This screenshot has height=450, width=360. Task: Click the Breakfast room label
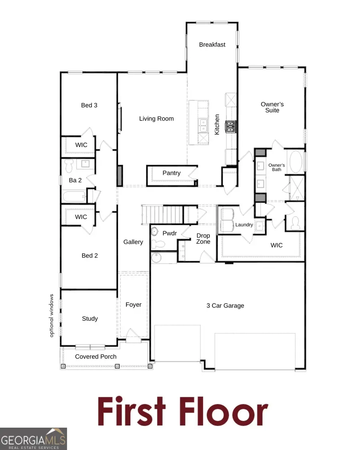(x=212, y=45)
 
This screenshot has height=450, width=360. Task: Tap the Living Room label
(x=156, y=118)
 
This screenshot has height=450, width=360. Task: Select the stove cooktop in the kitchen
(x=230, y=127)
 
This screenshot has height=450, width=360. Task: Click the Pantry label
(x=171, y=173)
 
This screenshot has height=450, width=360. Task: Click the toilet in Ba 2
(x=69, y=164)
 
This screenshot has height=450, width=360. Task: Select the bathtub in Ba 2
(x=74, y=196)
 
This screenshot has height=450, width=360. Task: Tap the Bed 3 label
(x=89, y=105)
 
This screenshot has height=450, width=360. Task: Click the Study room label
(x=90, y=319)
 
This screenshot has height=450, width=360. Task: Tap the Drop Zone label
(x=203, y=239)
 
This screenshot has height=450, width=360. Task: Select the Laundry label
(x=244, y=225)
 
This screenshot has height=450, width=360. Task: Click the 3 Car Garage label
(x=225, y=306)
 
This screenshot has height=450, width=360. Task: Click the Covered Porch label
(x=96, y=357)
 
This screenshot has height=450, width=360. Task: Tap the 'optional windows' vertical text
(x=52, y=316)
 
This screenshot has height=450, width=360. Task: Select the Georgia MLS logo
(x=33, y=438)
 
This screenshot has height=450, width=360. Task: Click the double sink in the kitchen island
(x=203, y=125)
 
